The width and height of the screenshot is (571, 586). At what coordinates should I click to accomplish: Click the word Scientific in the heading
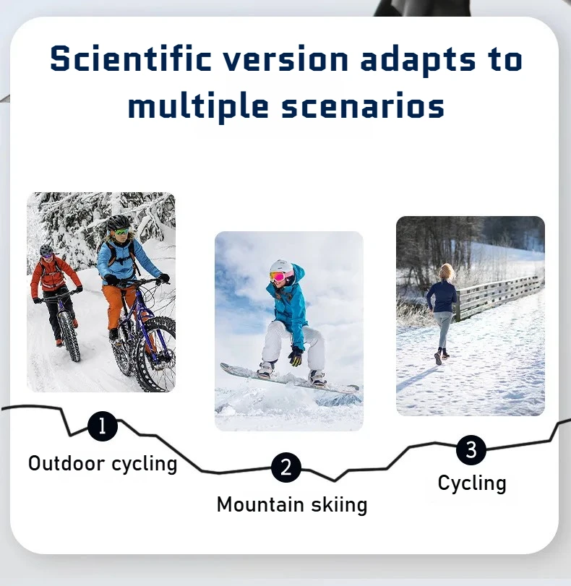point(131,59)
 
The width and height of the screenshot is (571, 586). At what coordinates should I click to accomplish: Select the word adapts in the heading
point(418,61)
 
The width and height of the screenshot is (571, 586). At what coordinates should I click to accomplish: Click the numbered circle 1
point(103,426)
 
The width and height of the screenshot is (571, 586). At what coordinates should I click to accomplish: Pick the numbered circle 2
point(286,467)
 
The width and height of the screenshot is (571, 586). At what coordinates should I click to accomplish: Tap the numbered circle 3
point(471,450)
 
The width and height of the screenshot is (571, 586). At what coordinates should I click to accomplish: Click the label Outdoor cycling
point(103,464)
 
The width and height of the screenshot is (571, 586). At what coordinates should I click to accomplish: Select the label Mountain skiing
point(292,504)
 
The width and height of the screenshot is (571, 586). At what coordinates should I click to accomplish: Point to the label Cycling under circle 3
point(472,483)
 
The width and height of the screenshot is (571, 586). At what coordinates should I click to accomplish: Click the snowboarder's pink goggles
point(278,277)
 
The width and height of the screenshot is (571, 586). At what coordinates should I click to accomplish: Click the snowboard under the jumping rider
point(288,379)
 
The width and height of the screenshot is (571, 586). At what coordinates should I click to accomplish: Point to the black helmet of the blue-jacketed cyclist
point(118,223)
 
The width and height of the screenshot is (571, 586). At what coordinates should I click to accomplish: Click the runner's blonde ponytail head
point(447,272)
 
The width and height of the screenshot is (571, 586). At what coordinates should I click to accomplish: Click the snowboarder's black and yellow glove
point(296,356)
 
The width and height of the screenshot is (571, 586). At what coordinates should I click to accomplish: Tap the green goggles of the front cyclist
point(121,232)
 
